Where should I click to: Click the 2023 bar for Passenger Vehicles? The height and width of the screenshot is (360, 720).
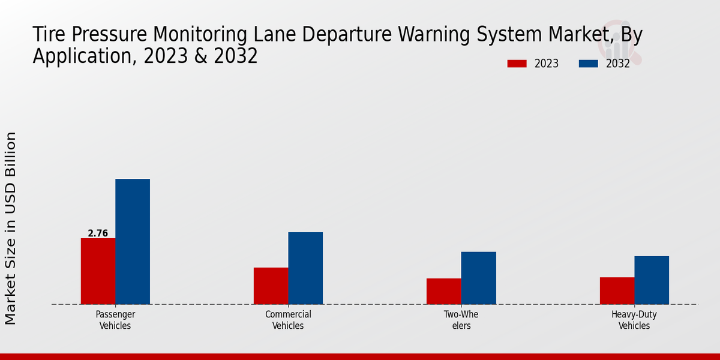click(x=98, y=271)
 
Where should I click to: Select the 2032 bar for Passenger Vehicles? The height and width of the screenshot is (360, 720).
click(x=133, y=241)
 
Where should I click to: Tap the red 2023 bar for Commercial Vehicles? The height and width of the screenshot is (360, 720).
click(x=271, y=286)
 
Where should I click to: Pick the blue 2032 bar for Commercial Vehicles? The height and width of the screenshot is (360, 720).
click(x=305, y=268)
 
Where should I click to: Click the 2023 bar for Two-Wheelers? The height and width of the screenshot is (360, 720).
click(x=443, y=291)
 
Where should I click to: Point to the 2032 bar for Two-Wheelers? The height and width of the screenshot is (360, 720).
click(x=478, y=278)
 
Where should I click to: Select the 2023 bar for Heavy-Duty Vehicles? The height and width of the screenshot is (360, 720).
click(x=617, y=290)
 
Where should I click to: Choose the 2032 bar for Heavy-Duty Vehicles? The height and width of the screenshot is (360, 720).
click(x=652, y=280)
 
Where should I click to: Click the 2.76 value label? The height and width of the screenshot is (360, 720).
click(x=98, y=233)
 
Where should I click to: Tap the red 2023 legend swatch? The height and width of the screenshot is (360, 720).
click(x=517, y=64)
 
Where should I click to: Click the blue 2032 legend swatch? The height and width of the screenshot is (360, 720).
click(x=589, y=64)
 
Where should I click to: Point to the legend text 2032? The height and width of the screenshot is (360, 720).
click(x=617, y=64)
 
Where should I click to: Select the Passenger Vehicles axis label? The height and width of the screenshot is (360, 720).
click(x=115, y=320)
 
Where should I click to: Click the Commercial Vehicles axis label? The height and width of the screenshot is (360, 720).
click(x=288, y=320)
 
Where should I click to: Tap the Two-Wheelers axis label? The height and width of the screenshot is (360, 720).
click(x=461, y=320)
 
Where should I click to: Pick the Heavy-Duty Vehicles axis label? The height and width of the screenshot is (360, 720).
click(x=634, y=320)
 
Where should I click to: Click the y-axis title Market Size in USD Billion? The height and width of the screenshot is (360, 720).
click(x=11, y=228)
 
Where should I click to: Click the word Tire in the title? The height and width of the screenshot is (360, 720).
click(x=49, y=35)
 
